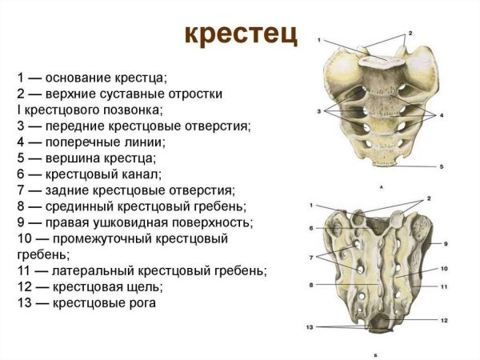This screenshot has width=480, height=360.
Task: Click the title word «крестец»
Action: pos(240,35)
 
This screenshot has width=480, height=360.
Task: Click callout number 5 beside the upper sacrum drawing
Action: pos(441,166)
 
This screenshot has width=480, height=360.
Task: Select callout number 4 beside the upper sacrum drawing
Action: pos(441,116)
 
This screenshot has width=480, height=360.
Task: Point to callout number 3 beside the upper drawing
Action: pos(318,110)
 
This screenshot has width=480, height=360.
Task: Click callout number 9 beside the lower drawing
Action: pos(446,242)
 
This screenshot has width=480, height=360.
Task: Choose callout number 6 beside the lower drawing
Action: pos(312,228)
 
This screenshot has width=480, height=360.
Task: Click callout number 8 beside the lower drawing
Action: pos(312,283)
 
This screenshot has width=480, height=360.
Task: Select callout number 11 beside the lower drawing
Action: pos(444,286)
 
